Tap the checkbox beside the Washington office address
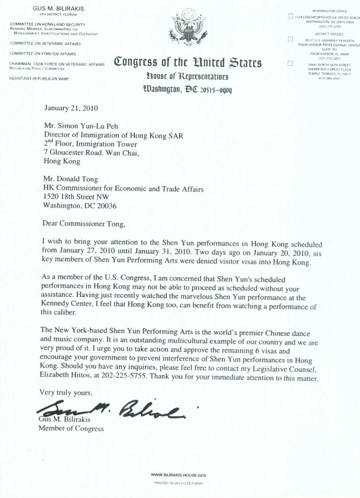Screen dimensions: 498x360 point(290,17)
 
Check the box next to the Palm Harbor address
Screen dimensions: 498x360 point(290,39)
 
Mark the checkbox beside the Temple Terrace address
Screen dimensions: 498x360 point(290,63)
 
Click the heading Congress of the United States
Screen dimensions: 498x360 point(188,63)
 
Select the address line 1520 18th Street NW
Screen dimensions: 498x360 point(76,196)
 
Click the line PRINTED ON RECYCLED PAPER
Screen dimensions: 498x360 point(178,483)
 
